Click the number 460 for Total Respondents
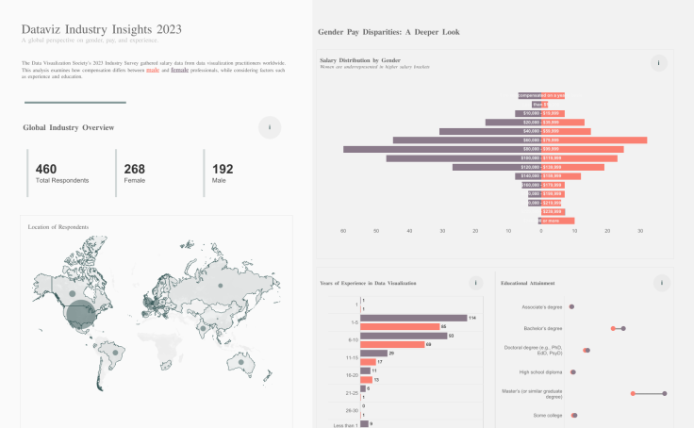(46, 169)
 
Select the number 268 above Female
(135, 169)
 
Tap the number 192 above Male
(223, 169)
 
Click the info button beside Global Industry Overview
(270, 127)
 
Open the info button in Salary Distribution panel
(659, 63)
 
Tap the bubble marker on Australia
(242, 362)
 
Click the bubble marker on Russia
(219, 283)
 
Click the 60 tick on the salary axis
(343, 231)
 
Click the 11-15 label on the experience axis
(352, 357)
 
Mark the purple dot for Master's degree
(665, 393)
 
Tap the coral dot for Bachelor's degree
(613, 328)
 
